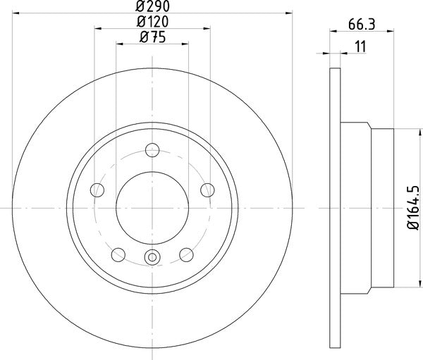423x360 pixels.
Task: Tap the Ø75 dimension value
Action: (152, 38)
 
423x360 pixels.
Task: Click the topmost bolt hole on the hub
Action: (152, 149)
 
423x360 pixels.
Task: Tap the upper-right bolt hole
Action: (207, 189)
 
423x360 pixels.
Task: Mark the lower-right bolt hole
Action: (186, 254)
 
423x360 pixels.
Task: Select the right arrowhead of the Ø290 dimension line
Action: (288, 13)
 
